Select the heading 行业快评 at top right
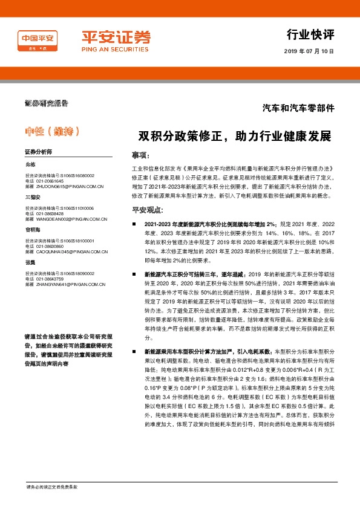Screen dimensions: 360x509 click(310, 33)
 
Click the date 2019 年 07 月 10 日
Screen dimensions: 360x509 click(309, 51)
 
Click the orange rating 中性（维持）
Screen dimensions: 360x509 click(53, 131)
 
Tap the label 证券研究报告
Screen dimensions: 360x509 click(47, 103)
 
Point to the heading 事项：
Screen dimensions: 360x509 click(140, 155)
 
